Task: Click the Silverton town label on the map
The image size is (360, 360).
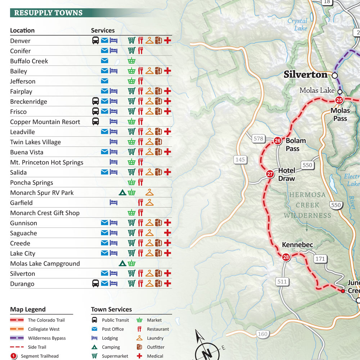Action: [x=305, y=75]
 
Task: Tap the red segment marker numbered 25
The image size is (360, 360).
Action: [x=339, y=100]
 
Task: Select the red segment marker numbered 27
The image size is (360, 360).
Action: [x=270, y=174]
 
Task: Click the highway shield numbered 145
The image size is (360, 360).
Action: [x=240, y=159]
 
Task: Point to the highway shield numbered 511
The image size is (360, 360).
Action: [x=282, y=282]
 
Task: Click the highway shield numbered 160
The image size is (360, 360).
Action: [x=263, y=334]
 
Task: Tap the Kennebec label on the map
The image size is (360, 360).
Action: [x=297, y=245]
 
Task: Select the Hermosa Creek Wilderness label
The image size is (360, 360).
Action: [x=307, y=205]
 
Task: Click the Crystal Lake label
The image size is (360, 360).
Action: [x=298, y=24]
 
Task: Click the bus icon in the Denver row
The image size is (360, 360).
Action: [x=95, y=41]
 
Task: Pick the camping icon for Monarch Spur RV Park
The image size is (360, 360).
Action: [x=122, y=193]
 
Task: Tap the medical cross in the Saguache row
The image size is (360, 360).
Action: [x=167, y=233]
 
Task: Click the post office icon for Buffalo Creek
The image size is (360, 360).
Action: [x=104, y=61]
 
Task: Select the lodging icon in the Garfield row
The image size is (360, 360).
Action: [x=114, y=203]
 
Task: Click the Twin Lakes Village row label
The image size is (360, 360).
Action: [x=35, y=142]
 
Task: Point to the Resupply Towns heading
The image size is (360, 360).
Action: [x=48, y=13]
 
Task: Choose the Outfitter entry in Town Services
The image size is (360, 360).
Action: [x=156, y=347]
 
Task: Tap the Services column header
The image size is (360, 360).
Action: [x=103, y=31]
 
